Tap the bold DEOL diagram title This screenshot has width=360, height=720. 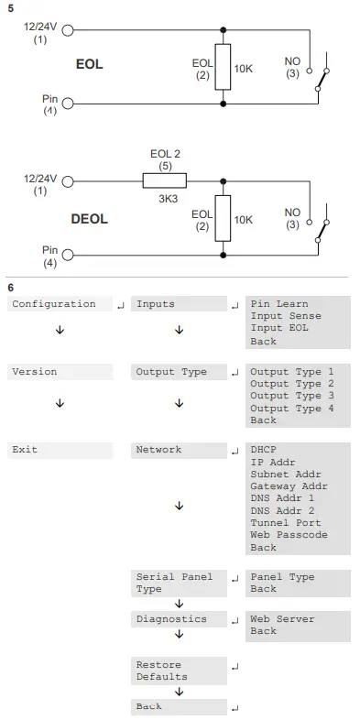point(89,219)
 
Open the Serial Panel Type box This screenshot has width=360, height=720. point(178,583)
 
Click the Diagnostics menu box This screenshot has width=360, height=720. point(178,619)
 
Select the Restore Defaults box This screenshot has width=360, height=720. point(178,671)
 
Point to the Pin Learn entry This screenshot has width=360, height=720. point(279,304)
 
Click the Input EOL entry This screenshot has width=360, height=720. point(279,328)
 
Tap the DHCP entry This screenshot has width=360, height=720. point(263,450)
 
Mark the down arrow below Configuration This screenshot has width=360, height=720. point(60,330)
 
